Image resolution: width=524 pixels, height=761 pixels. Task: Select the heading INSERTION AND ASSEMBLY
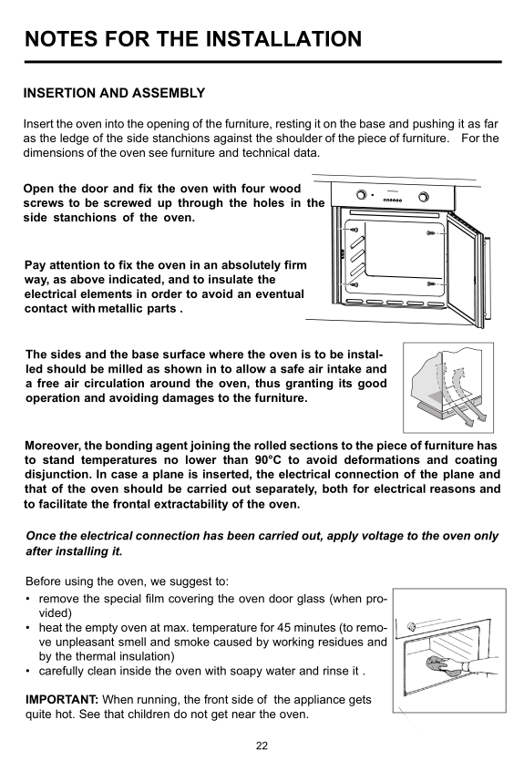[115, 93]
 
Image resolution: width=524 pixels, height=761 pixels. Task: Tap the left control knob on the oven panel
[361, 195]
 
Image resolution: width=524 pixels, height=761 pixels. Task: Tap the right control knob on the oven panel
[423, 197]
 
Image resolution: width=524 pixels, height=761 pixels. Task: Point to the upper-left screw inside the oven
[354, 230]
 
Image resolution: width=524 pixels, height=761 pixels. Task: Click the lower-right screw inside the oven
[431, 283]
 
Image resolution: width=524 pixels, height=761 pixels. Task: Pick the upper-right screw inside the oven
[431, 233]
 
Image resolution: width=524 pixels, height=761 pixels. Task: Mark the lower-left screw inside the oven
[354, 284]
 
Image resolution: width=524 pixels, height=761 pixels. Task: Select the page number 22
[262, 746]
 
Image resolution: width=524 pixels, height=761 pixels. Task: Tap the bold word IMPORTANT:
[62, 700]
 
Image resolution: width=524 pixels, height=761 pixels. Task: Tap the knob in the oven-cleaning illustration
[412, 626]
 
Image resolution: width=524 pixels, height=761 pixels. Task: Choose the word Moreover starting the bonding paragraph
[54, 446]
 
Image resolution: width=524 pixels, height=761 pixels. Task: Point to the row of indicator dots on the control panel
[393, 200]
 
